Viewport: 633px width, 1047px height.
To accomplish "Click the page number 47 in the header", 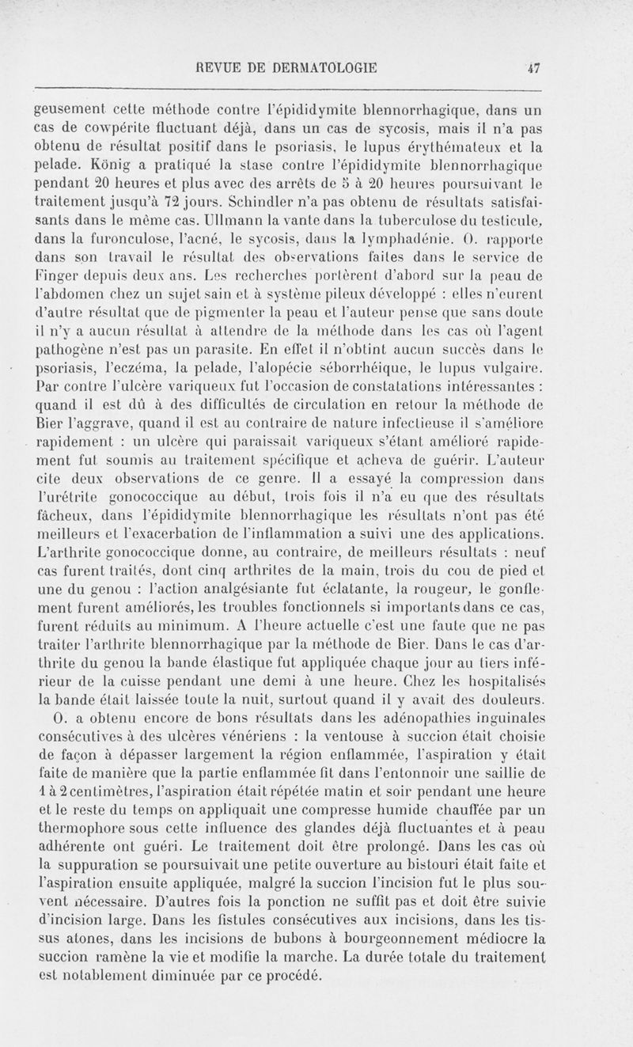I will (536, 68).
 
